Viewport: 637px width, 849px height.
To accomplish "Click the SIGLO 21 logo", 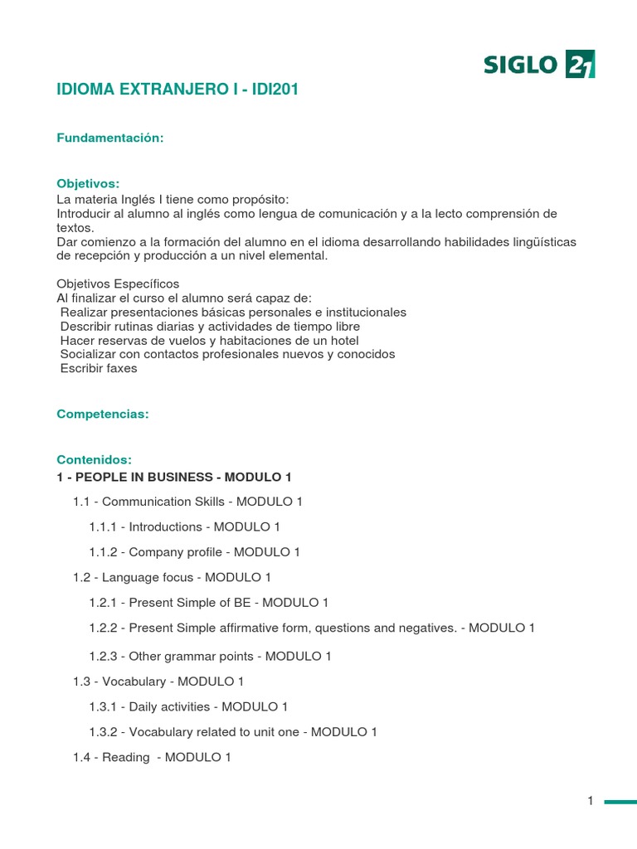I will [x=539, y=64].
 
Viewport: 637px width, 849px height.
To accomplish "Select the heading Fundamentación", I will [x=109, y=138].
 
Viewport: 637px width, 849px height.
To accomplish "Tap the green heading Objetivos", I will [x=88, y=183].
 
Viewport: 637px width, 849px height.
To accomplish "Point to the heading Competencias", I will [x=103, y=414].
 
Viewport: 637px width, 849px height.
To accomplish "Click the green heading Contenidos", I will [x=94, y=459].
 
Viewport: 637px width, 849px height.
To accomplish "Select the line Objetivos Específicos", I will [x=118, y=284].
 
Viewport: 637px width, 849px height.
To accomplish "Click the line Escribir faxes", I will [x=99, y=368].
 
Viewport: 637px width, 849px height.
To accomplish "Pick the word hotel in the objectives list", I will [x=343, y=340].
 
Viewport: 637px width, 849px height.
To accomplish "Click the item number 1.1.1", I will [x=105, y=526].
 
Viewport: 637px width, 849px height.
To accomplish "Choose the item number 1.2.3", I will [x=105, y=656].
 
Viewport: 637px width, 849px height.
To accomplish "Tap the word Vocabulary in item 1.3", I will [x=134, y=682].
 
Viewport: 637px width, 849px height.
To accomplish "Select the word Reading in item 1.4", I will [x=125, y=757].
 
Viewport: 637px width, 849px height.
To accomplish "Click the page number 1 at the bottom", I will [x=591, y=801].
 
